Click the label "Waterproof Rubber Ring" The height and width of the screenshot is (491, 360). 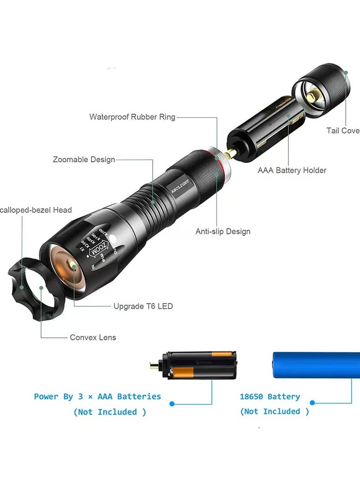(x=132, y=117)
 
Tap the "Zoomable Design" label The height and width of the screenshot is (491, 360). (x=84, y=160)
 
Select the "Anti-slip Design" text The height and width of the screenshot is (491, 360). (x=223, y=231)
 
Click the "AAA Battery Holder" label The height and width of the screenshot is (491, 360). (x=292, y=170)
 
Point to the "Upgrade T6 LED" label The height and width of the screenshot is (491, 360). (x=143, y=306)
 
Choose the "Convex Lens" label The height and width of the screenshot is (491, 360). (x=93, y=337)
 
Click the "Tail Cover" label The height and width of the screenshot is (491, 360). (x=343, y=131)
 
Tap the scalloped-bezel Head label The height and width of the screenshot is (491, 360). (x=36, y=210)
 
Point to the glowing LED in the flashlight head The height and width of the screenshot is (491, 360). (x=73, y=265)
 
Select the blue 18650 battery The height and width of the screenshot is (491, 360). (x=316, y=365)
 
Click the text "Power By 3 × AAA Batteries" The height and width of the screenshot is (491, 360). (x=97, y=396)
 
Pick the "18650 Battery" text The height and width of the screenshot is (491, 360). (x=270, y=396)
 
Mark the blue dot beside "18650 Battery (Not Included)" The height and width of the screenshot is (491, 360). (x=312, y=403)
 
